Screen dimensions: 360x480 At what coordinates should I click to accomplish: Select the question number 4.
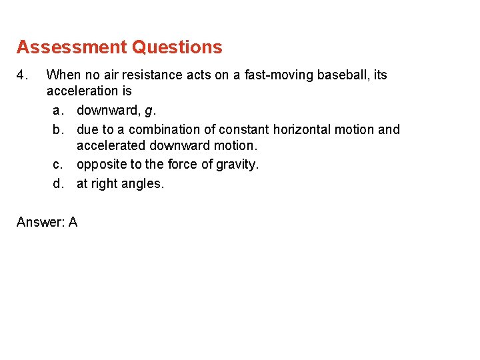click(x=20, y=75)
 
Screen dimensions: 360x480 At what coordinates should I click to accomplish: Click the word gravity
click(x=237, y=165)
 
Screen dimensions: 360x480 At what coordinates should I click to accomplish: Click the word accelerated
click(x=111, y=145)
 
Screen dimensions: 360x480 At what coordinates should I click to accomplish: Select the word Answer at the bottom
click(x=39, y=222)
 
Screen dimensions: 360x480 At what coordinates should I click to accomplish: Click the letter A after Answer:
click(x=72, y=222)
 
